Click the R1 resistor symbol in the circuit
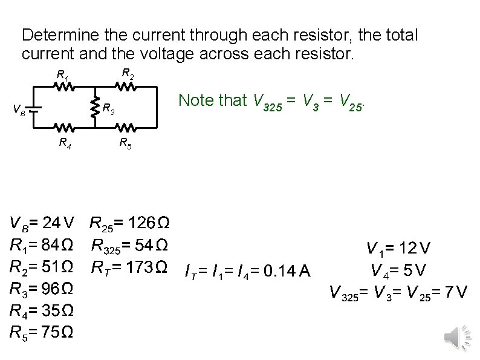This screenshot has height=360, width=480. click(x=65, y=87)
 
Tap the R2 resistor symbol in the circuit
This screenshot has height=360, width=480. click(x=126, y=87)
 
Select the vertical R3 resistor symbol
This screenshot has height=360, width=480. click(x=95, y=108)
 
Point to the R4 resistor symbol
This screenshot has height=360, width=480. click(x=65, y=128)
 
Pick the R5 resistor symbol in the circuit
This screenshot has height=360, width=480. click(x=126, y=128)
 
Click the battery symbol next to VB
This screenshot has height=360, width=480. click(x=34, y=108)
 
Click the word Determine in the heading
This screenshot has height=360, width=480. click(x=59, y=34)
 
